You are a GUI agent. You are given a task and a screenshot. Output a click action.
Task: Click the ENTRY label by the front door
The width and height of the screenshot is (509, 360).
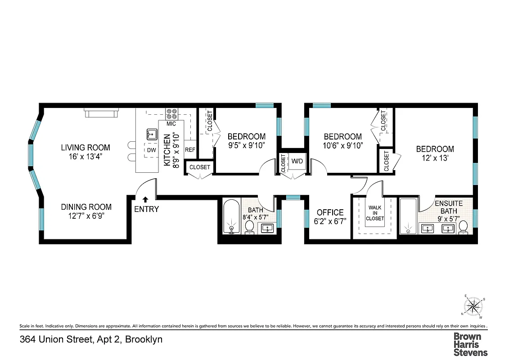146,209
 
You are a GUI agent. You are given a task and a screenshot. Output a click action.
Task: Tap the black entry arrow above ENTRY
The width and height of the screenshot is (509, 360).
145,199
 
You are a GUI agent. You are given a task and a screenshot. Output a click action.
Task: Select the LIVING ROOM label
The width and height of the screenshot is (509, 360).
86,148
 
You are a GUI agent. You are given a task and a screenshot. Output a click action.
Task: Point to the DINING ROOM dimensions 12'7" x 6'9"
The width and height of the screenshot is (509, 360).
86,216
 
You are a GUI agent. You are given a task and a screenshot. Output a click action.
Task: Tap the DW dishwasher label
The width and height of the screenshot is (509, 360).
151,150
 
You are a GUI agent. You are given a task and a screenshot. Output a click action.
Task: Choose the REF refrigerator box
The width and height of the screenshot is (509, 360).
190,150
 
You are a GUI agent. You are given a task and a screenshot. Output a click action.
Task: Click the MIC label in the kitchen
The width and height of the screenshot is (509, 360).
171,123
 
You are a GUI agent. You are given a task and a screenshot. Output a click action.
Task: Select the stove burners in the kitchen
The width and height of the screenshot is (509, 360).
171,113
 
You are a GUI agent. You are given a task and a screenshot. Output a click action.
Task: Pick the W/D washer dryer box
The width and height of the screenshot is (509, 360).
297,161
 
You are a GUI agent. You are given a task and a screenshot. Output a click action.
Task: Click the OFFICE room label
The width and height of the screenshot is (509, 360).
330,212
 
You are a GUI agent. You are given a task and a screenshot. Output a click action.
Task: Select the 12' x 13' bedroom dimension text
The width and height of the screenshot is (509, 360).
435,158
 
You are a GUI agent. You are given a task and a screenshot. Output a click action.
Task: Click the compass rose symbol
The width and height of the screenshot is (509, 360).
473,307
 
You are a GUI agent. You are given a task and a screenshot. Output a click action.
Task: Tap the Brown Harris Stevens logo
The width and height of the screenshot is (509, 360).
470,344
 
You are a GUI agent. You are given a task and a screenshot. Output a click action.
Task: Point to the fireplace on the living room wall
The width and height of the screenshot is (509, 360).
102,112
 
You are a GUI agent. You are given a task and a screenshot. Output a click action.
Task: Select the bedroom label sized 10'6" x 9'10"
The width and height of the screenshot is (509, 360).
343,136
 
